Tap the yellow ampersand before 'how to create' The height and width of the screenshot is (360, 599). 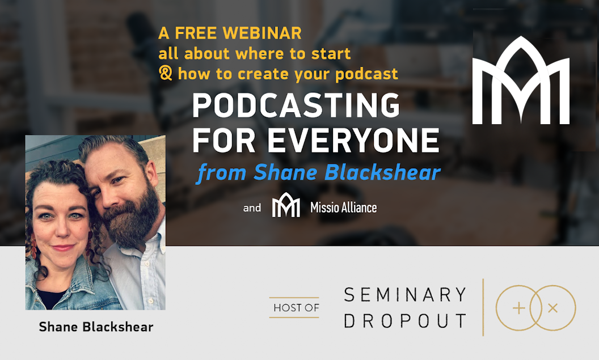coord(166,73)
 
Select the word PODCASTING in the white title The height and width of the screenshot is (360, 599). coord(296,105)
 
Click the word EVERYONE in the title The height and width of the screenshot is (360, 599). coord(353,140)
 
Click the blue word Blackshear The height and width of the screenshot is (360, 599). coord(382,172)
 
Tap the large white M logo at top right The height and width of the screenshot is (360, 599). coord(521,80)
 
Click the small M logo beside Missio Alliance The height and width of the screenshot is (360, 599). coord(286,205)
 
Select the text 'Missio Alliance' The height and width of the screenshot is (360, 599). coord(343,207)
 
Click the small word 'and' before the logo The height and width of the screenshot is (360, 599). coord(252,208)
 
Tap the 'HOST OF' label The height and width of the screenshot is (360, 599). coord(296,308)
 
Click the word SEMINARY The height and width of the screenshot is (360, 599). coord(405,295)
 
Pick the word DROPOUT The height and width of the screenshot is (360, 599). coord(405,321)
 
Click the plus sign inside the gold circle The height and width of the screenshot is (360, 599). coord(519,308)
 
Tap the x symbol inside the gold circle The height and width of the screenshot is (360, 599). coord(553,308)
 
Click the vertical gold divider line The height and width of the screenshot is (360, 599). coord(483,307)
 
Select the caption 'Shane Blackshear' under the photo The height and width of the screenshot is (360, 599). coord(96,327)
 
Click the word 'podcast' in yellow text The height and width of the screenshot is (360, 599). coord(366,74)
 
